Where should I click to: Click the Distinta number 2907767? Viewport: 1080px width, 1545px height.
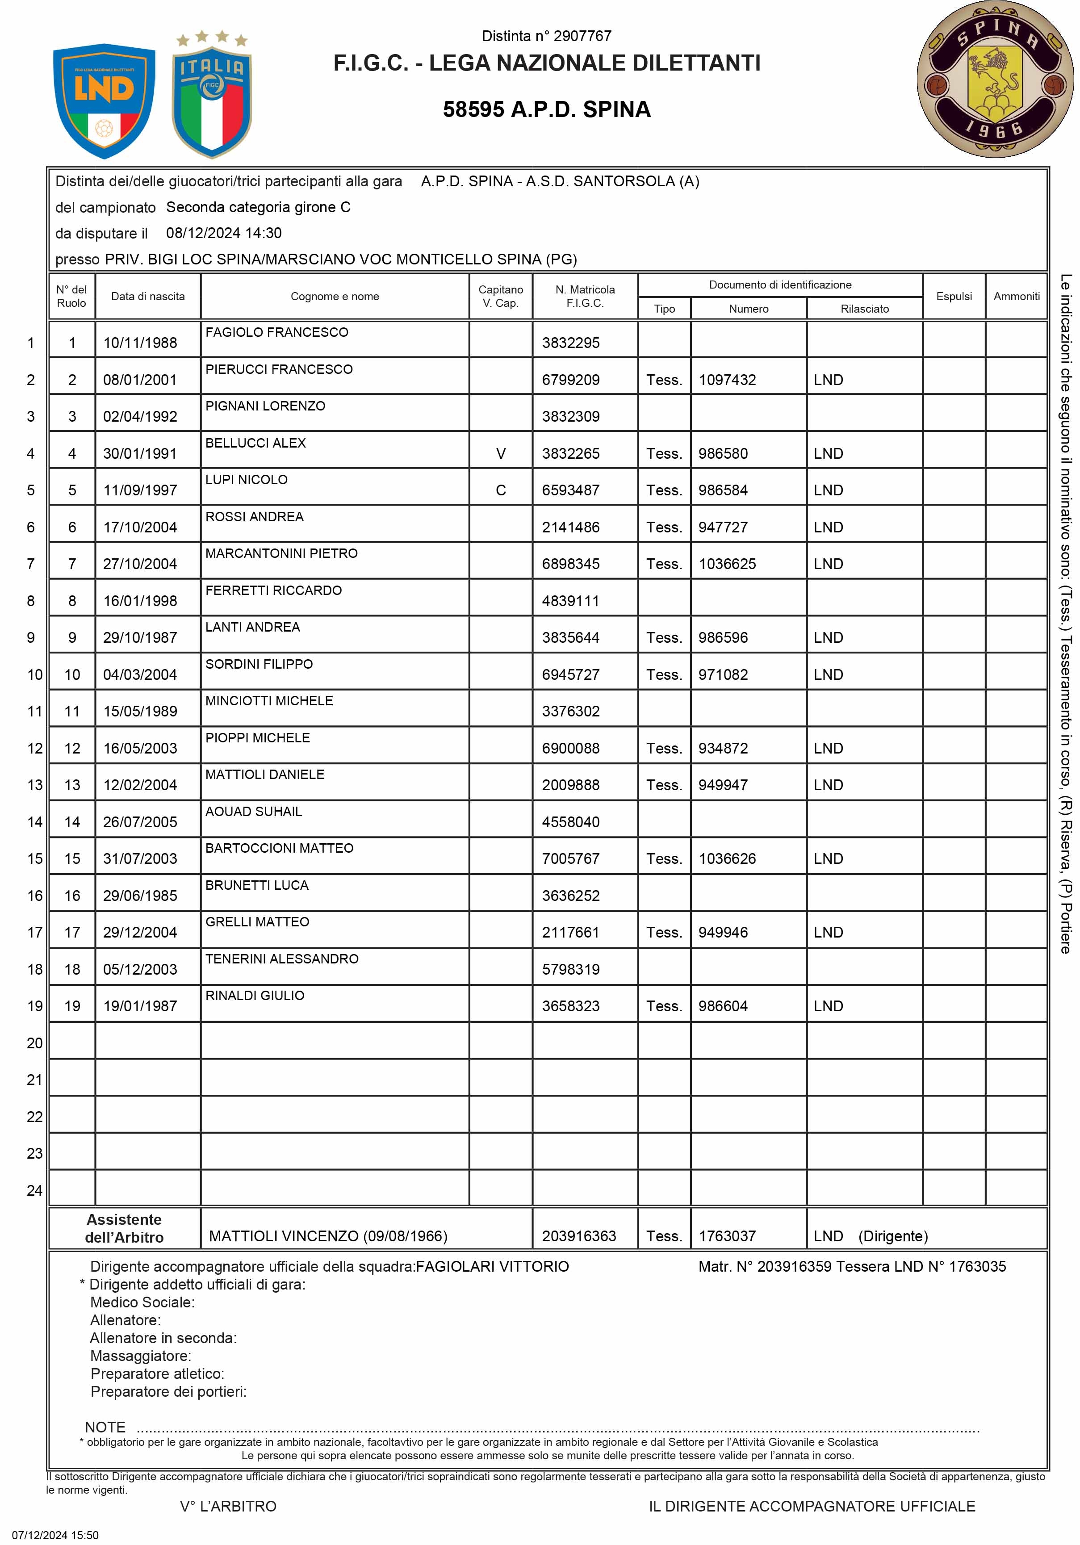(546, 36)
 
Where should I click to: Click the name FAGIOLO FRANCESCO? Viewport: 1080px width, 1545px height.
(276, 332)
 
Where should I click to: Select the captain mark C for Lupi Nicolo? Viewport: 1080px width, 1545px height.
(501, 490)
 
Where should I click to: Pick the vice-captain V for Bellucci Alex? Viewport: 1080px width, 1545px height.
(501, 453)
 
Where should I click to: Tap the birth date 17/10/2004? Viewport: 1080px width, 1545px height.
(140, 528)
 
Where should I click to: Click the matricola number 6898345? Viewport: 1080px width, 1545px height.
(571, 564)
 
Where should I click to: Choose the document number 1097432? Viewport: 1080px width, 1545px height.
(728, 380)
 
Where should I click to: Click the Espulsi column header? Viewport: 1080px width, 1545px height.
(954, 296)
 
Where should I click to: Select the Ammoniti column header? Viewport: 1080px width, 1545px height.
(1016, 296)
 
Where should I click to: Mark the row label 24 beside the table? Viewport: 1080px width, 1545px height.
(34, 1190)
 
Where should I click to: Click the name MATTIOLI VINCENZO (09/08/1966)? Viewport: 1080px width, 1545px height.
(328, 1236)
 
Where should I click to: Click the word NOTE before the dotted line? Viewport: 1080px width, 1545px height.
(105, 1427)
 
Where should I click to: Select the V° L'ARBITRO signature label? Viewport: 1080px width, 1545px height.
(228, 1506)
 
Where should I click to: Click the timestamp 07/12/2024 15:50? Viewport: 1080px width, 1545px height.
(55, 1535)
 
